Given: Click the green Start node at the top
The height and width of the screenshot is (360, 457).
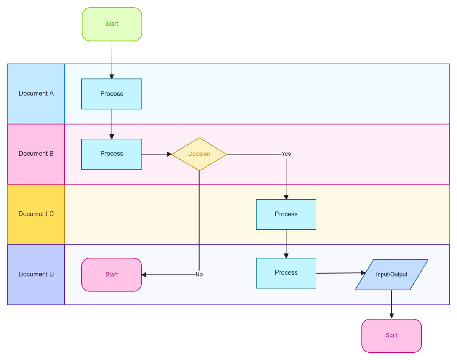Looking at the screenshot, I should point(112,24).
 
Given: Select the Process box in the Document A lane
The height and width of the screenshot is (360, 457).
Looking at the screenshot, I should point(112,94).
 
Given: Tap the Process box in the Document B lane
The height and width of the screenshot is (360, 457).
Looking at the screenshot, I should point(112,154).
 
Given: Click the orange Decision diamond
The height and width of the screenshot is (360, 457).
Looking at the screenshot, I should point(199,154).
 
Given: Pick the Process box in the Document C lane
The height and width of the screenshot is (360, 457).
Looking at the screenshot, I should point(286,214).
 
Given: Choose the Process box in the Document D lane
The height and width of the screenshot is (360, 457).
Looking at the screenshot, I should point(286,273).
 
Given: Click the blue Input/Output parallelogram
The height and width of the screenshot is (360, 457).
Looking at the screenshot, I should point(391,275).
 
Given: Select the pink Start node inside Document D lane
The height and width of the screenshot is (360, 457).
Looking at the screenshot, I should point(112,275).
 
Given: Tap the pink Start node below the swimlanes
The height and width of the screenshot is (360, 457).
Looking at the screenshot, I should point(391,336).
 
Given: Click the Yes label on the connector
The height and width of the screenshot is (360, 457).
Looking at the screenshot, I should point(286,154).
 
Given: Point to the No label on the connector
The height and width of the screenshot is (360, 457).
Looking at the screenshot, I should point(199,274).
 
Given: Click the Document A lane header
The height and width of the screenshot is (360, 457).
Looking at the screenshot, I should point(36,94).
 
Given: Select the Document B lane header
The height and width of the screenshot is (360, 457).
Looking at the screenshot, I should point(36,154).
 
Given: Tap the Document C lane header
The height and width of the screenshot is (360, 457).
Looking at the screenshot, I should point(36,214).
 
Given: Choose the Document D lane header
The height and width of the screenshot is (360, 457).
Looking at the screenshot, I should point(36,274).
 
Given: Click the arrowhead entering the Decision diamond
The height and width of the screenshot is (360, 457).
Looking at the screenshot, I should point(169,154).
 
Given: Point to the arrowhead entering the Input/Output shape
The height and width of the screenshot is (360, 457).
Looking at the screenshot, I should point(363,273).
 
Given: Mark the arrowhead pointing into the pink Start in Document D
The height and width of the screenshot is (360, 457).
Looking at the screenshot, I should point(144,274).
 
